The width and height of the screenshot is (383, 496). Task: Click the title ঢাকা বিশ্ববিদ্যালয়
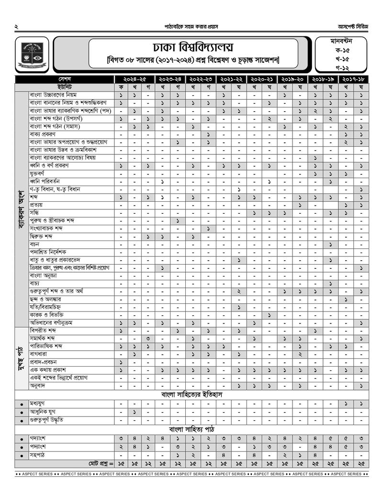[x=193, y=47]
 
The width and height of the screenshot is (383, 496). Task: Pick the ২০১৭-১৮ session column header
[x=352, y=79]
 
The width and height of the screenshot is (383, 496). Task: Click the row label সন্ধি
[x=34, y=212]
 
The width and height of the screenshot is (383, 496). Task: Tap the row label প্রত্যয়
[x=36, y=205]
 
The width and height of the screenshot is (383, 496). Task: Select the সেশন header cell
[x=65, y=79]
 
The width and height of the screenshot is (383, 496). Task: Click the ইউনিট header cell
[x=65, y=87]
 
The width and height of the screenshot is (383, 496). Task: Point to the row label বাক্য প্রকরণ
[x=43, y=134]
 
